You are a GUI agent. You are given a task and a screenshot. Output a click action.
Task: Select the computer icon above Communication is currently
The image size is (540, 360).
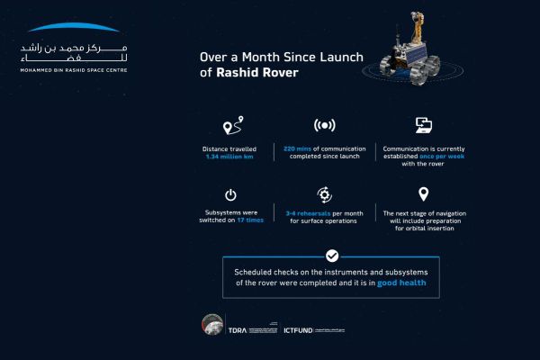(424, 125)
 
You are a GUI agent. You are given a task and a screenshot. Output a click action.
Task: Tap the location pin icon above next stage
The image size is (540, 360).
(424, 194)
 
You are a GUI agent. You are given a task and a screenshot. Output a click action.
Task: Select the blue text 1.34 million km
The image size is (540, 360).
(232, 157)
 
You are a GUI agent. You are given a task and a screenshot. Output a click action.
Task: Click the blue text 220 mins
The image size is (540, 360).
(299, 148)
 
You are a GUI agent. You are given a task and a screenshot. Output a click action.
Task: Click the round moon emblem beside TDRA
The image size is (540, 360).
(212, 326)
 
